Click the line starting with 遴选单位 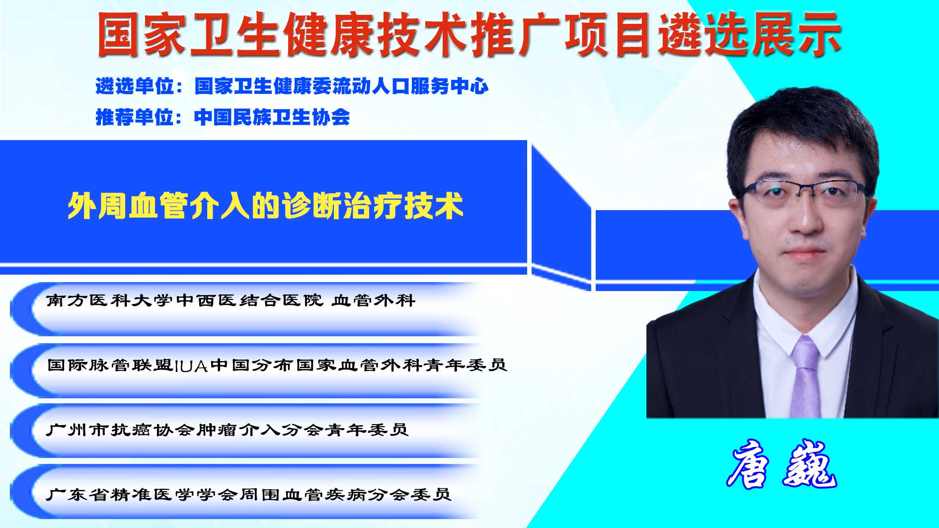(x=292, y=86)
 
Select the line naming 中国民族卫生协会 (x=223, y=117)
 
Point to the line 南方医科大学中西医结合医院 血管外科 (x=231, y=301)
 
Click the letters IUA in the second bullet (x=191, y=366)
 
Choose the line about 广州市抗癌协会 (x=227, y=430)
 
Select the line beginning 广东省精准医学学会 (x=248, y=494)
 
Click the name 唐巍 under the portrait (x=782, y=464)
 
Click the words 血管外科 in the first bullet (x=374, y=301)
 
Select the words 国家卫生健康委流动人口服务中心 (x=341, y=86)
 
